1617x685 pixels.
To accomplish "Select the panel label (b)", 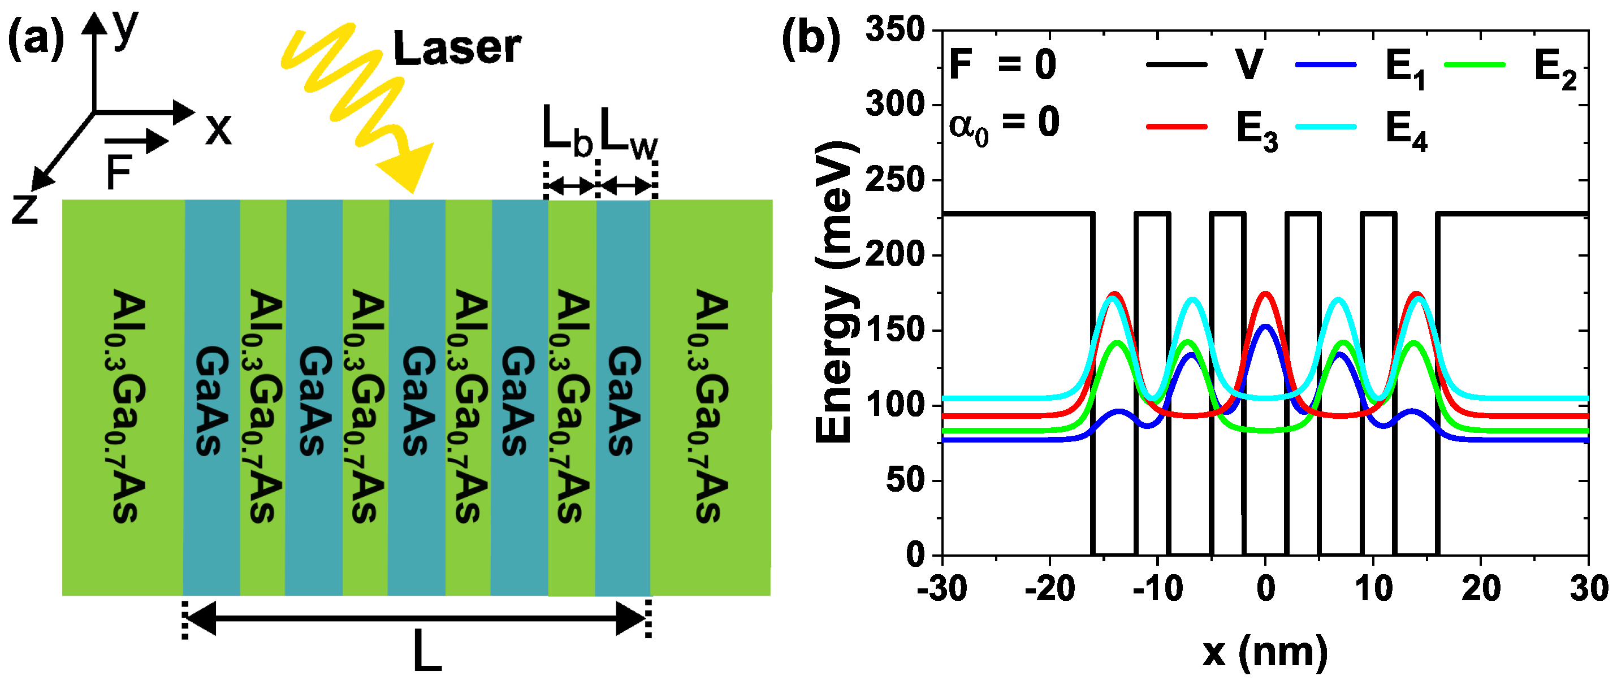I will point(810,39).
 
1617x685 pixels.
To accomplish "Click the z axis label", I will point(25,210).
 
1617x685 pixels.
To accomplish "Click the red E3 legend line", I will point(1177,127).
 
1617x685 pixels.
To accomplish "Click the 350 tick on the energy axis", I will point(895,30).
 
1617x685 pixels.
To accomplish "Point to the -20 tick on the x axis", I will point(1049,589).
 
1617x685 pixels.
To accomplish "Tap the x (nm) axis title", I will point(1264,652).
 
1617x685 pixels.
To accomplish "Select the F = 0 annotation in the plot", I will point(1002,64).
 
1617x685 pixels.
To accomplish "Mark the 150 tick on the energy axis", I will point(895,331).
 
